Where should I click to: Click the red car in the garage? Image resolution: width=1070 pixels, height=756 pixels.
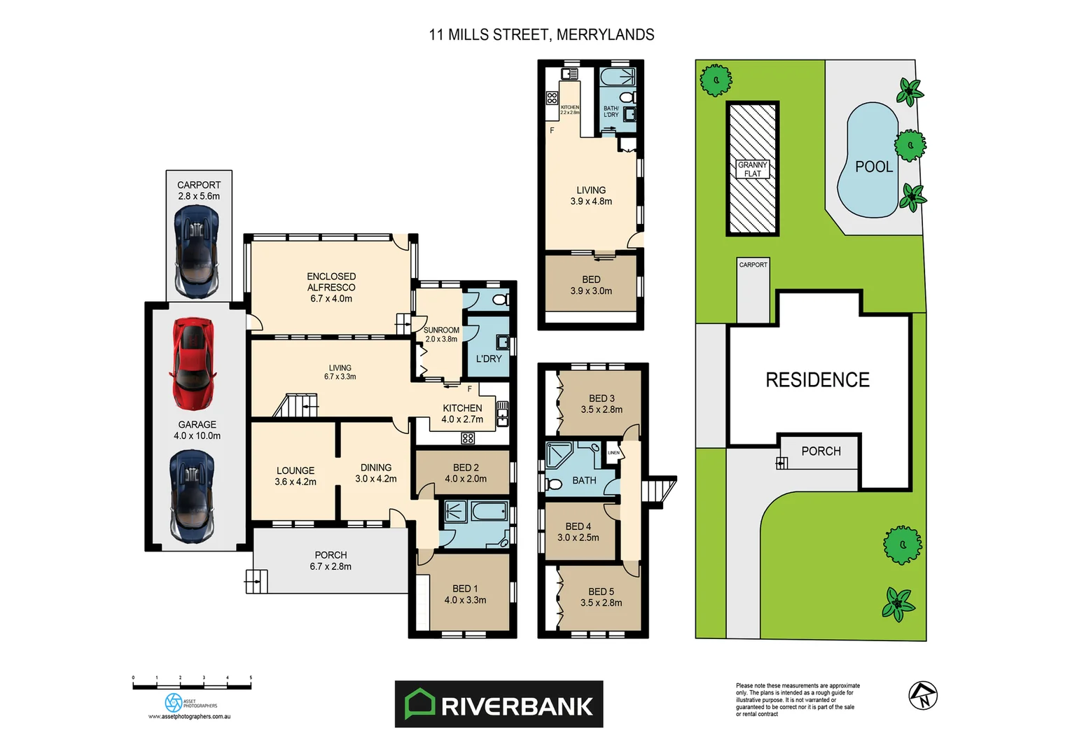[x=193, y=364]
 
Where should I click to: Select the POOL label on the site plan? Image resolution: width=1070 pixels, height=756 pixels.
[x=874, y=167]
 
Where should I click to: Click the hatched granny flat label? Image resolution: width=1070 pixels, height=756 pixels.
[x=753, y=169]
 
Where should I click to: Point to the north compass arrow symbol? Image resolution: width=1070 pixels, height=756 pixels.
[x=923, y=695]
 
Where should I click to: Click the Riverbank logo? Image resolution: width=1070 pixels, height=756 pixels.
[x=499, y=704]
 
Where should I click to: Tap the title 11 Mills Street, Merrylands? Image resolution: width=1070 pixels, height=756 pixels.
[x=541, y=35]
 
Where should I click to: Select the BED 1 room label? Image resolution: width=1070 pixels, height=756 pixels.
[x=465, y=594]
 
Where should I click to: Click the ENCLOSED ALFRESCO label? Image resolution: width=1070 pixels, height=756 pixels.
[x=331, y=287]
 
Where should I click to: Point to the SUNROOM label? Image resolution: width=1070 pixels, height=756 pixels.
[x=441, y=334]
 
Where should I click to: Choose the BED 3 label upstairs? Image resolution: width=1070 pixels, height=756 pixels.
[x=602, y=404]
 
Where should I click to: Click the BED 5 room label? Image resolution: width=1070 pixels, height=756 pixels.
[x=601, y=597]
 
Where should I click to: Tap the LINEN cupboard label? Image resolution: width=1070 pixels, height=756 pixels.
[x=613, y=453]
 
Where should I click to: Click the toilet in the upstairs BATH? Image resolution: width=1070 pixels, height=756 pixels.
[x=555, y=484]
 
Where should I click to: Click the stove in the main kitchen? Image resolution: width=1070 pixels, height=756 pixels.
[x=468, y=438]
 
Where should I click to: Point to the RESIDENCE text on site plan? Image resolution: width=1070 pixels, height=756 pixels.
[x=817, y=380]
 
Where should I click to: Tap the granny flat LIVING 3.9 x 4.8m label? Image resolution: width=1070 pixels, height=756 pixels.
[x=591, y=195]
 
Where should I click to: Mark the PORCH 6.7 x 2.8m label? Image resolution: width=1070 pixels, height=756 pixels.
[x=331, y=561]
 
